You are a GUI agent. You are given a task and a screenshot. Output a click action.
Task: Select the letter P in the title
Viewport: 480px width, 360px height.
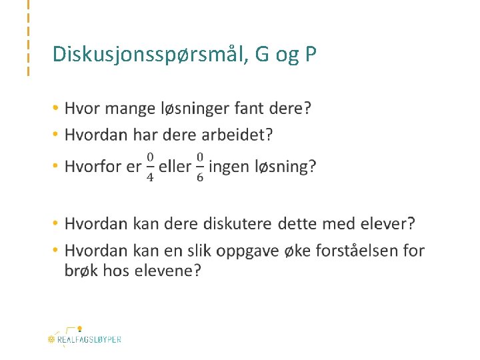point(309,53)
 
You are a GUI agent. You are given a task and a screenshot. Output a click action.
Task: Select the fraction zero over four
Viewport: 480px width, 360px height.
point(150,167)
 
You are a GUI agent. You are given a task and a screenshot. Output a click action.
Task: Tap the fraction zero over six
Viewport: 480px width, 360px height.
point(199,167)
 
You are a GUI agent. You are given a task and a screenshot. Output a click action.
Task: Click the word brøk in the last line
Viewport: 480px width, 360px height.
point(81,270)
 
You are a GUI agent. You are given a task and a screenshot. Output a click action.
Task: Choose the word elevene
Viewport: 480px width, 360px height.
point(168,270)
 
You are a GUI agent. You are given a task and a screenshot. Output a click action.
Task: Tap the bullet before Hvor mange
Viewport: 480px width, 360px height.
point(57,108)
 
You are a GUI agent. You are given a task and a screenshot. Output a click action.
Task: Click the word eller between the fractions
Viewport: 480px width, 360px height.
point(175,166)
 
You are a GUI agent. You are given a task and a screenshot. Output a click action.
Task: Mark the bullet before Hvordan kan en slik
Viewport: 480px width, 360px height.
point(57,251)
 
